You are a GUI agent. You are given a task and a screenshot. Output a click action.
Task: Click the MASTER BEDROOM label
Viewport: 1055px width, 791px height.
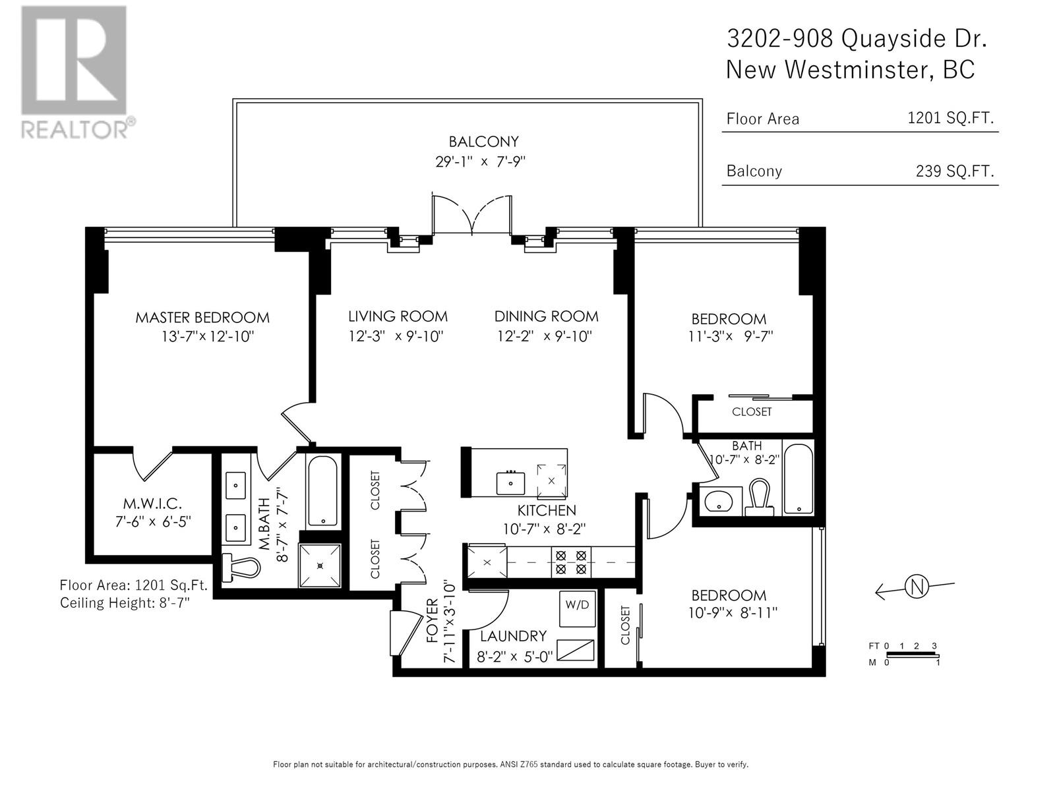pos(202,318)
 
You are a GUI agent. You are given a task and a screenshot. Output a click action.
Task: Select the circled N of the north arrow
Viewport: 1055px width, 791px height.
pos(917,587)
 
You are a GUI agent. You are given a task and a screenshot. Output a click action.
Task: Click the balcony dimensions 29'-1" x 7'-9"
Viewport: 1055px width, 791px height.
pos(480,161)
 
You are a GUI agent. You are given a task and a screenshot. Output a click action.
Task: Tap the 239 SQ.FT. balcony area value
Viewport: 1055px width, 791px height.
pos(955,171)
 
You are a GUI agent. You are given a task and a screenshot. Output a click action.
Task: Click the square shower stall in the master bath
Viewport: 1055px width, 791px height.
pos(320,566)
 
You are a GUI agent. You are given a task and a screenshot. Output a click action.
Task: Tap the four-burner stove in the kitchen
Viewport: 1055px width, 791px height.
pos(571,562)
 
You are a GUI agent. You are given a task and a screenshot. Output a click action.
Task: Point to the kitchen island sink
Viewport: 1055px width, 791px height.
pos(510,483)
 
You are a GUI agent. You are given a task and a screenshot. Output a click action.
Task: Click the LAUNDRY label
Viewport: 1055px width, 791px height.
pos(513,636)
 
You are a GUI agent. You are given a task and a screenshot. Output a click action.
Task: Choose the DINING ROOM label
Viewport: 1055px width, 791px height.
pos(547,316)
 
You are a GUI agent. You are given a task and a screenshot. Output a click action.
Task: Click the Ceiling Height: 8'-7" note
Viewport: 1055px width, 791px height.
pos(125,602)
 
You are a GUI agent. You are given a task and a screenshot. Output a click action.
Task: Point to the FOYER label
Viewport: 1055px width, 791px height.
pos(433,620)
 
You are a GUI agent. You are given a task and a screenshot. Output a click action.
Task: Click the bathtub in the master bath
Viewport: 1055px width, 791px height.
pos(322,491)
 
